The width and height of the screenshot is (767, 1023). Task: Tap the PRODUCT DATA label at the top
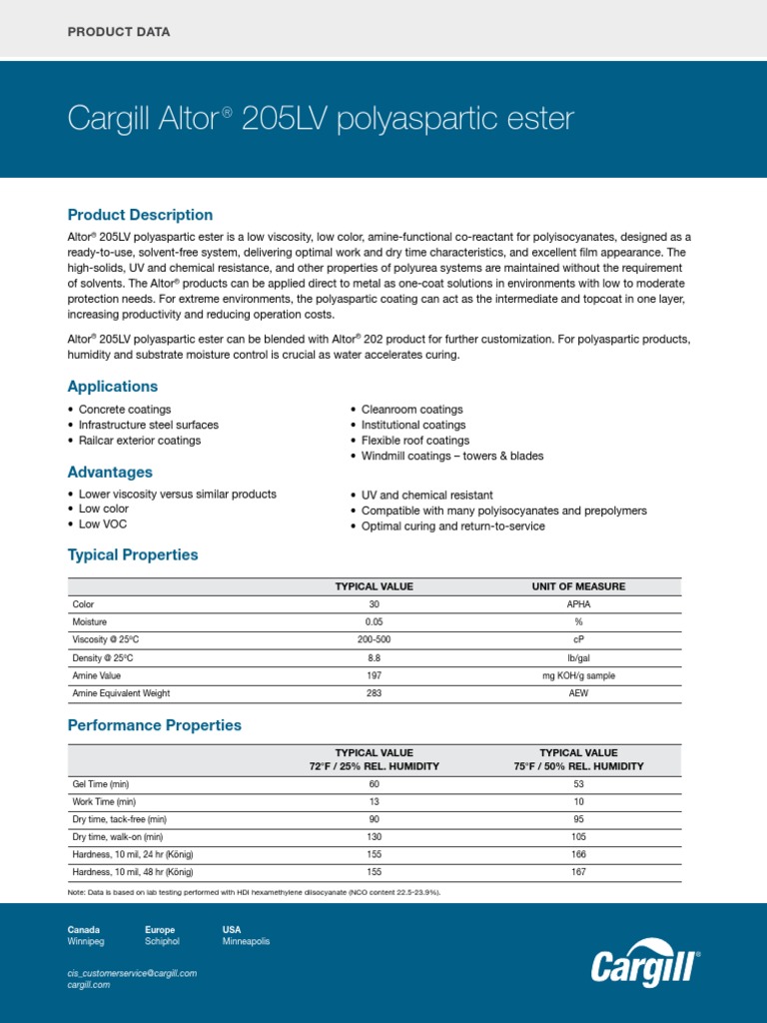118,32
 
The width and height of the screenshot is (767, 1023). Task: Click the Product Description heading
140,215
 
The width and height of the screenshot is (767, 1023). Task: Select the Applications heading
112,387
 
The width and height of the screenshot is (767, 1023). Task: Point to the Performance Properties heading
154,725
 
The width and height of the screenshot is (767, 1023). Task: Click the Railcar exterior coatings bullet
139,441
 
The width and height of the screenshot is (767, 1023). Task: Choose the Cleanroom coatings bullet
411,410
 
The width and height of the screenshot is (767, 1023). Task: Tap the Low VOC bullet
102,524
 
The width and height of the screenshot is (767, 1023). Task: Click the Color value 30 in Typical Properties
374,604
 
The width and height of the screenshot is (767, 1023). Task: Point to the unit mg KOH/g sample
578,676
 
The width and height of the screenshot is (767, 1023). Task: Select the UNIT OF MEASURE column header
578,586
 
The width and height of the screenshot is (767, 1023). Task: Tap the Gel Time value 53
578,784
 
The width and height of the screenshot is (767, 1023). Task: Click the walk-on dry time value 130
374,837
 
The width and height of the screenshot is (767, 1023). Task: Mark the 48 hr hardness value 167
578,872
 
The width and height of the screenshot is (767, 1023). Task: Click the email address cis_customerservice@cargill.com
132,972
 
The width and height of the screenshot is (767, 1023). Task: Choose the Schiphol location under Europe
165,941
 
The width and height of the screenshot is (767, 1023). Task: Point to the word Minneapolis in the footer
246,941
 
